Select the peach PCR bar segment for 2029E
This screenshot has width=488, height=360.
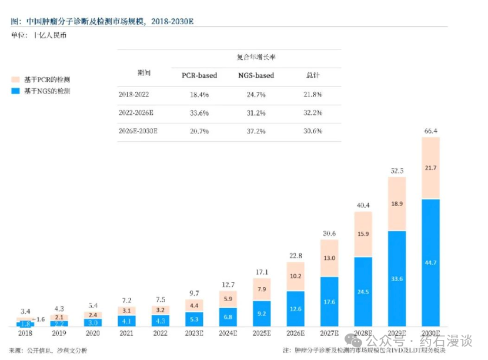point(405,204)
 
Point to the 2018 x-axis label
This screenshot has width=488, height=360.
point(25,334)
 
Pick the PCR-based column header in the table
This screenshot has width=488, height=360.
point(199,75)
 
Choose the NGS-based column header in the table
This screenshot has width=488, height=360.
point(256,75)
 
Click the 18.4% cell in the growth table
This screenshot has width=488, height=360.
point(199,94)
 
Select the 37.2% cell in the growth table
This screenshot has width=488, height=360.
point(256,131)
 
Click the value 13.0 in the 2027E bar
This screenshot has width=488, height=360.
point(329,258)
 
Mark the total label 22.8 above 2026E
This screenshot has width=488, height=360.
point(296,255)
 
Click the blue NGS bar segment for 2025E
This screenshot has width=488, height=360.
point(263,314)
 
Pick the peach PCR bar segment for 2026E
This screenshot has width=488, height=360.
point(296,276)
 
